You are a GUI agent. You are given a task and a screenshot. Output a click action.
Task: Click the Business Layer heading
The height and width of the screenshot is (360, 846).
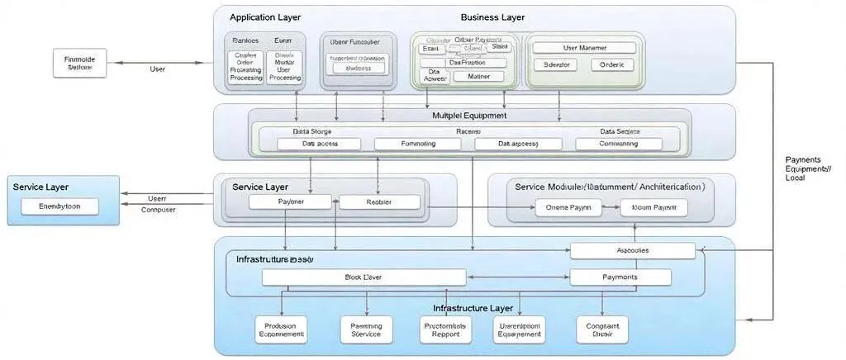point(492,17)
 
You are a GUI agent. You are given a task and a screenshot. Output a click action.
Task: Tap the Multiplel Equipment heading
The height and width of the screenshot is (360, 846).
point(469,116)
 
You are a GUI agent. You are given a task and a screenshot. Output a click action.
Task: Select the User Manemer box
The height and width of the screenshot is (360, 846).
point(584,48)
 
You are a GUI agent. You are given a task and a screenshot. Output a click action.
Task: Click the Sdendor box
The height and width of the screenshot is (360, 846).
point(555,64)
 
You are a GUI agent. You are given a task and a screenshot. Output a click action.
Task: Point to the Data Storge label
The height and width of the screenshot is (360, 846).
point(311,131)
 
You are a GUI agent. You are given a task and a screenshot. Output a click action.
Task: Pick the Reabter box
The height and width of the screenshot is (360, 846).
point(379,201)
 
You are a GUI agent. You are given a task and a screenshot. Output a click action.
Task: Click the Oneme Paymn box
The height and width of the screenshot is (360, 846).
point(568,207)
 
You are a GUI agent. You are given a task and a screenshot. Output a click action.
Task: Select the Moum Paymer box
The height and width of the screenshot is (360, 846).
point(654,207)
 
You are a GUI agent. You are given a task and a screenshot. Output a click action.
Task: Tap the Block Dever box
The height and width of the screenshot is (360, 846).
point(364,277)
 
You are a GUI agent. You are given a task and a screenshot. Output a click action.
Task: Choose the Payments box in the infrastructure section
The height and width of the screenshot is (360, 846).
point(620,277)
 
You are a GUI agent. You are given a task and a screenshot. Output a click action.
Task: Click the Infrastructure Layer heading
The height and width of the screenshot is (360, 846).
point(473,308)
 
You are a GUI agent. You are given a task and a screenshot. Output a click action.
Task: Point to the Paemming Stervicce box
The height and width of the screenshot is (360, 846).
point(360,330)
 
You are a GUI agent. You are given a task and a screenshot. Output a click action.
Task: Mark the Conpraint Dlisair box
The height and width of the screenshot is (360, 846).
point(601,330)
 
